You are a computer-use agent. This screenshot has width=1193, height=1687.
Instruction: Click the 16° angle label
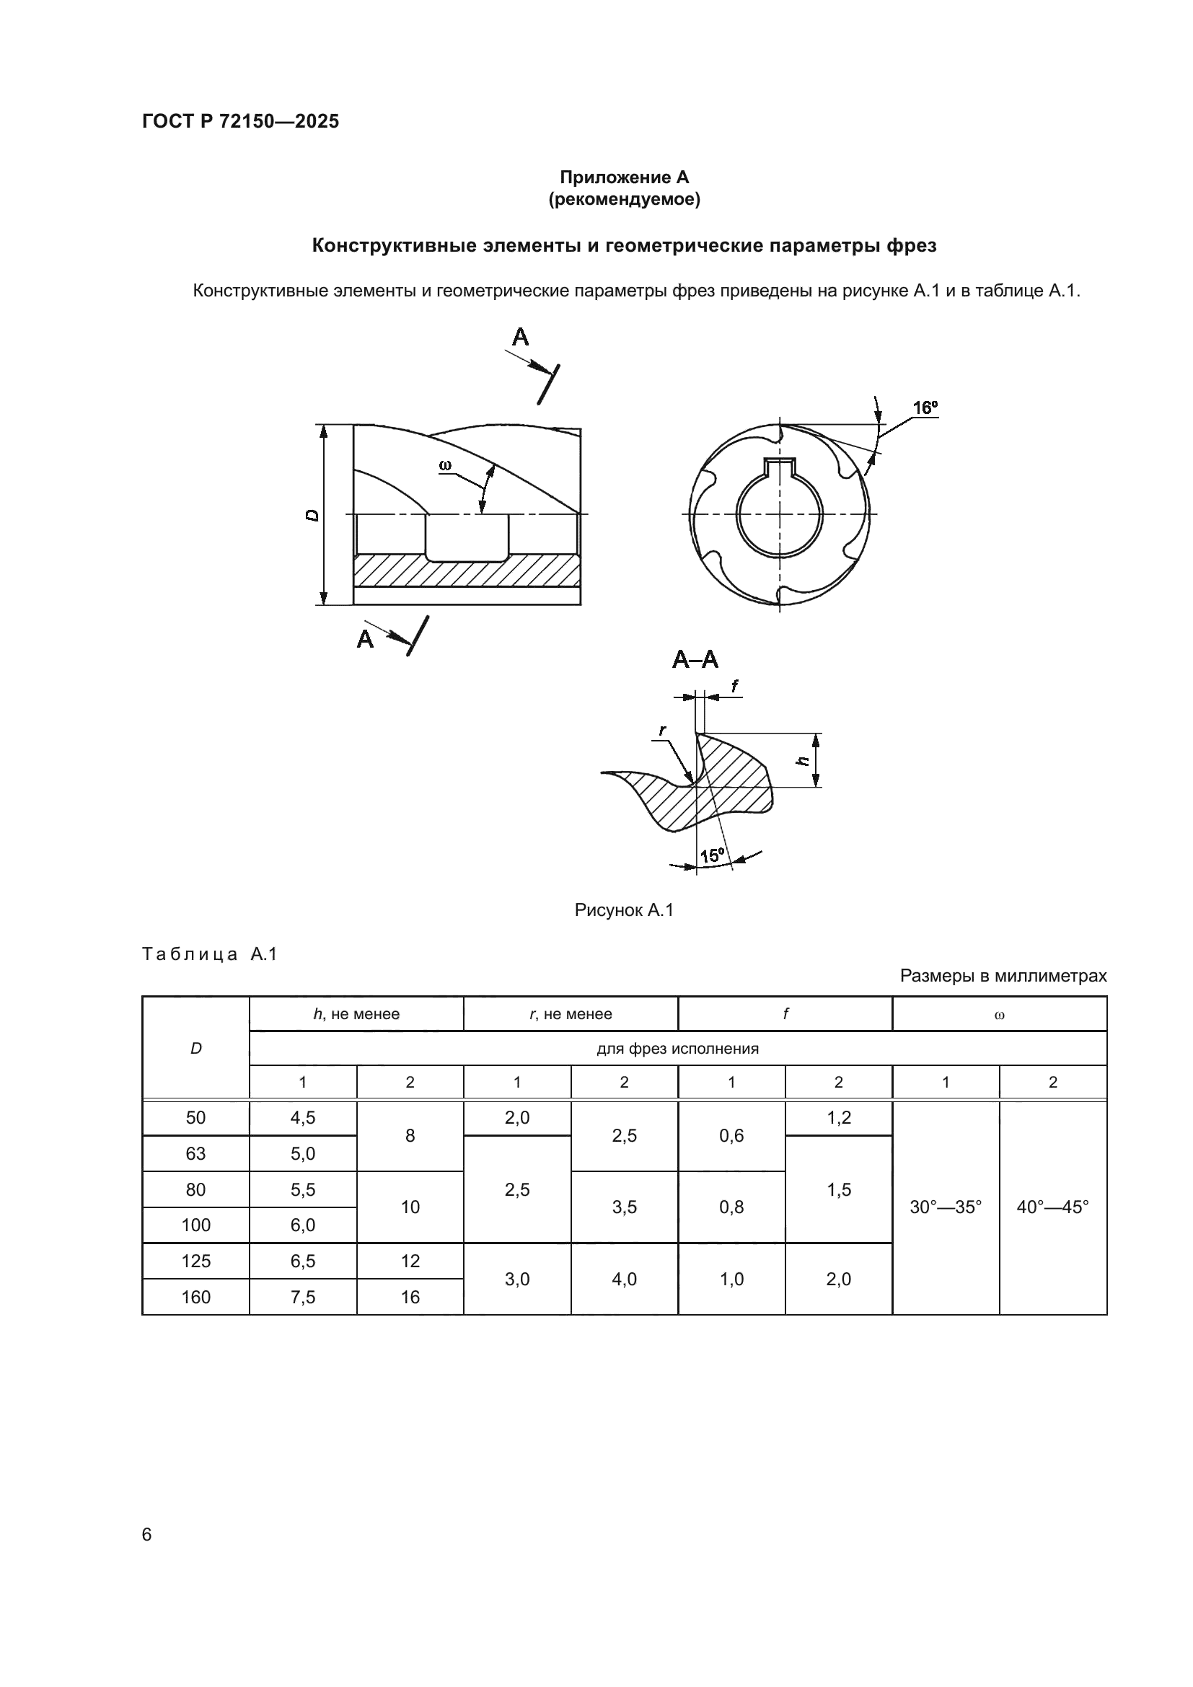tap(925, 408)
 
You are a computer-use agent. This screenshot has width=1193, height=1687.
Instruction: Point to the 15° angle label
tap(712, 856)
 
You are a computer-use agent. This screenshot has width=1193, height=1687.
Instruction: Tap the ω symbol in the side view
tap(445, 465)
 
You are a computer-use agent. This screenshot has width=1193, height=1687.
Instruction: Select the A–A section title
tap(695, 660)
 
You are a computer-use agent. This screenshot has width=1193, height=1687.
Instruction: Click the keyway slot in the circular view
tap(780, 467)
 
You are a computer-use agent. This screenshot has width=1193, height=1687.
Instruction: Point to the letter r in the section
tap(663, 730)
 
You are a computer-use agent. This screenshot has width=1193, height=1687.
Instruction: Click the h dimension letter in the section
tap(804, 760)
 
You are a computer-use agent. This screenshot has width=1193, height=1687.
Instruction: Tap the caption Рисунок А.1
tap(624, 910)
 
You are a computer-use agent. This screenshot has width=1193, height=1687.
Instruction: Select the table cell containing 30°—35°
tap(946, 1207)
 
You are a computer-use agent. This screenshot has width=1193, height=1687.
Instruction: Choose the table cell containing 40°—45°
tap(1052, 1207)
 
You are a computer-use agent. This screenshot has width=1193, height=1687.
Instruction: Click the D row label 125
tap(195, 1261)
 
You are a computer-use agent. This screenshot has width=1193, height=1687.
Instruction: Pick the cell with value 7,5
tap(303, 1298)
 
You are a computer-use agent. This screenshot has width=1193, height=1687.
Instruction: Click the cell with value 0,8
tap(731, 1207)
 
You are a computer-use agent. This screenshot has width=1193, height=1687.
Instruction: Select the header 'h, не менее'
tap(356, 1014)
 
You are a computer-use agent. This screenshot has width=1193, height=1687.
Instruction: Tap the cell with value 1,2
tap(838, 1117)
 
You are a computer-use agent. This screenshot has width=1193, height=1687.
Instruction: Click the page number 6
tap(147, 1535)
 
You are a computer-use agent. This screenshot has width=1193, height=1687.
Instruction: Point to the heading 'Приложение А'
tap(625, 177)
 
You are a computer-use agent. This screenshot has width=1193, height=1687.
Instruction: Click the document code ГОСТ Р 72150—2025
tap(240, 121)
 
